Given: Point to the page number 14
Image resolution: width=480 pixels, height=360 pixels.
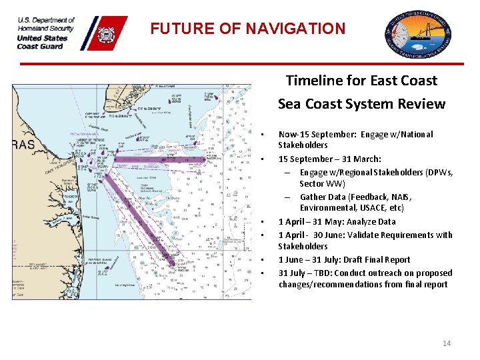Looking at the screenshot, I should point(447,343).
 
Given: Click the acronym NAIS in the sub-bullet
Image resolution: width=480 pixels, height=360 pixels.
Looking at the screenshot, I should point(401,197).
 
